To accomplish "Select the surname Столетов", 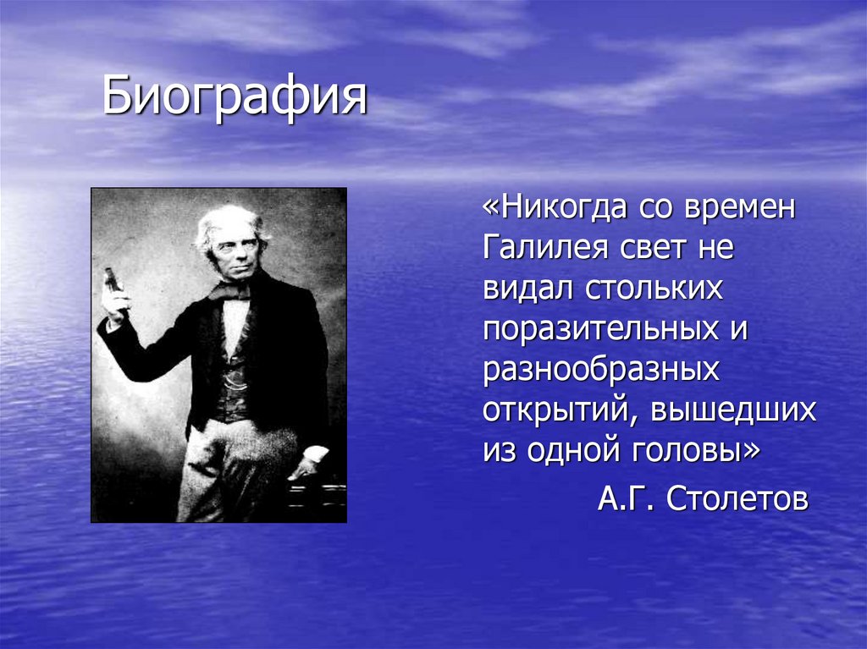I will pos(737,499).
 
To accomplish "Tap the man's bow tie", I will pos(230,290).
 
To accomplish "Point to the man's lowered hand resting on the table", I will pos(300,465).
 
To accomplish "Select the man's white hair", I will pos(227,219).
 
